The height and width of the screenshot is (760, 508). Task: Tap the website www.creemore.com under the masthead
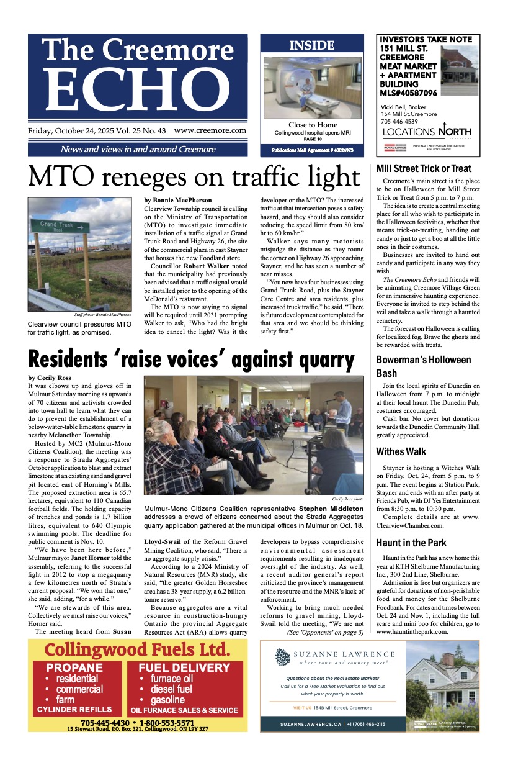pyautogui.click(x=210, y=131)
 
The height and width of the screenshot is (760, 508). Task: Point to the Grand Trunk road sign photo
pyautogui.click(x=80, y=255)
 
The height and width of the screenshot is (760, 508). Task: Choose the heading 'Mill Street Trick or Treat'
pyautogui.click(x=424, y=168)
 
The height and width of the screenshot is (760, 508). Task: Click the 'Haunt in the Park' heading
pyautogui.click(x=411, y=543)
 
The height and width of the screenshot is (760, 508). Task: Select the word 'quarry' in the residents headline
pyautogui.click(x=318, y=360)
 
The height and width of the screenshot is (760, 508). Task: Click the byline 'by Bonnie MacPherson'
pyautogui.click(x=178, y=201)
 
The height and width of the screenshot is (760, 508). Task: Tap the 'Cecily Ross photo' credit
pyautogui.click(x=347, y=498)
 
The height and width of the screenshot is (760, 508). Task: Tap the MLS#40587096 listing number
pyautogui.click(x=409, y=93)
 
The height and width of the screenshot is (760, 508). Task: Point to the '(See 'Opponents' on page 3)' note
pyautogui.click(x=325, y=632)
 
